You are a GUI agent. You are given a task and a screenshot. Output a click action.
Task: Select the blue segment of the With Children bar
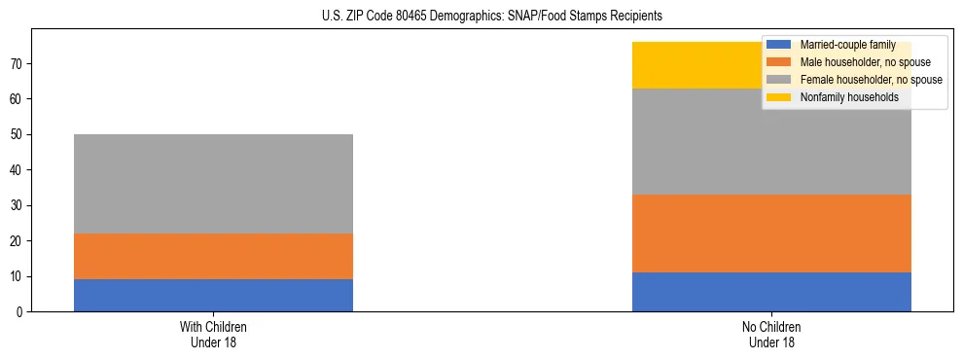(213, 295)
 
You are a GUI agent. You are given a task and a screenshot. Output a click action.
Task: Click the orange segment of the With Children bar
(213, 256)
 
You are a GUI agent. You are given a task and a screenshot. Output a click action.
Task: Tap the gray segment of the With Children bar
(213, 184)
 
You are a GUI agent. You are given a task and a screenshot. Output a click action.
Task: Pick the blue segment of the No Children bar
(771, 292)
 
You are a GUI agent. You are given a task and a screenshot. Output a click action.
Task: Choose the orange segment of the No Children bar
(771, 234)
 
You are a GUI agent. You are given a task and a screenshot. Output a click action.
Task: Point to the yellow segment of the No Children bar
(700, 65)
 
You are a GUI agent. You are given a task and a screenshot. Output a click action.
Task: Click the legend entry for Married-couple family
(841, 45)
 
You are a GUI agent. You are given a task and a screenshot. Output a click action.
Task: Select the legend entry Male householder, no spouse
(851, 62)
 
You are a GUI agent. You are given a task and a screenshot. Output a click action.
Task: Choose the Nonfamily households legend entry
(841, 97)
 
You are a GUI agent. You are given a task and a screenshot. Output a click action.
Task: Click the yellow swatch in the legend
(779, 97)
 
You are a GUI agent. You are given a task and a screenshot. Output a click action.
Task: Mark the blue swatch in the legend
(779, 45)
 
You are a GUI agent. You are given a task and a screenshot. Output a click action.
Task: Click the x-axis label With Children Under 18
(213, 334)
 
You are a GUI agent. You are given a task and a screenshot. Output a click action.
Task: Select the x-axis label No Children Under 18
(771, 334)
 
